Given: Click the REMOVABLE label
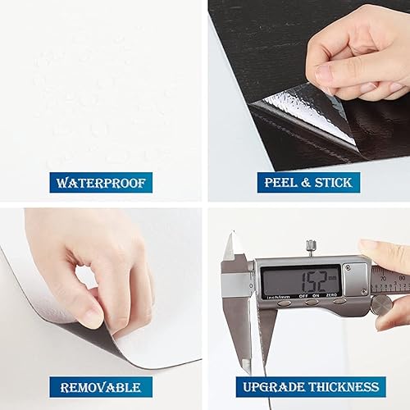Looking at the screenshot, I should tap(100, 387).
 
